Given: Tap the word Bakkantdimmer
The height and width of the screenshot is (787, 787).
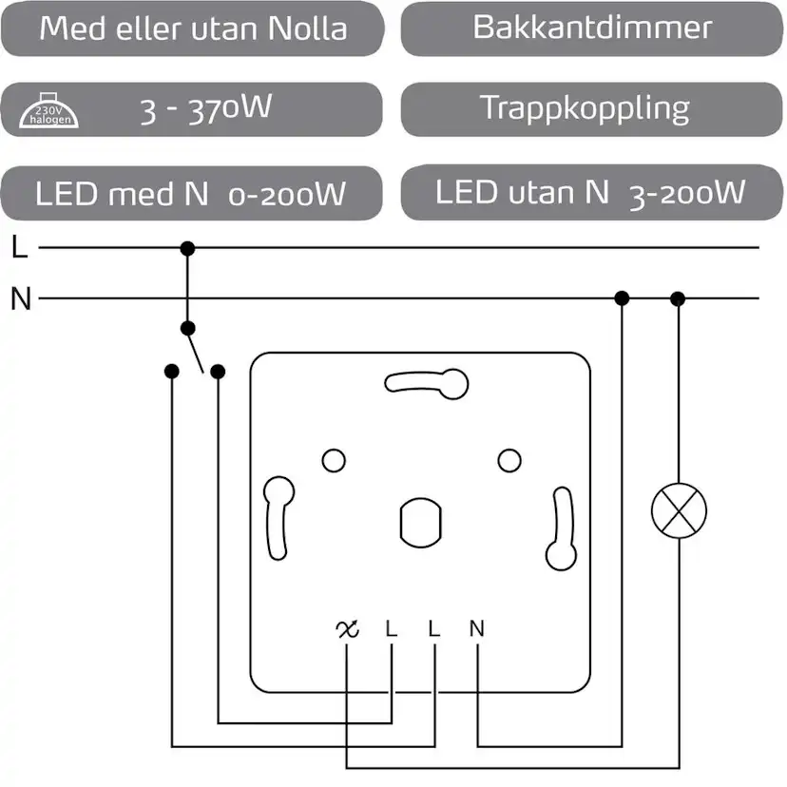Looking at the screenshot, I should pyautogui.click(x=591, y=28).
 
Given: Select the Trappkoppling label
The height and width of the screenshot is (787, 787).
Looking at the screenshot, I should pyautogui.click(x=584, y=107).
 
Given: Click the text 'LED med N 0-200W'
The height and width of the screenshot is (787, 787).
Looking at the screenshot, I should pyautogui.click(x=190, y=195).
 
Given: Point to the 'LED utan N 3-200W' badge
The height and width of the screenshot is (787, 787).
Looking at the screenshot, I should pyautogui.click(x=589, y=193).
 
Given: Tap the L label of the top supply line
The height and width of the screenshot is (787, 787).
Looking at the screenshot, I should pyautogui.click(x=20, y=249).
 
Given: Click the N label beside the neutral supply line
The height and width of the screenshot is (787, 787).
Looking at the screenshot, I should pyautogui.click(x=21, y=299).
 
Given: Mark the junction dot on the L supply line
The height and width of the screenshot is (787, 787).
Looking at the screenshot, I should pyautogui.click(x=187, y=249).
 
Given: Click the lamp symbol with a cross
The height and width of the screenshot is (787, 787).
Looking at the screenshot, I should pyautogui.click(x=678, y=511).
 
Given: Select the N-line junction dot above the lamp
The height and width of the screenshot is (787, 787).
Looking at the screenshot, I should pyautogui.click(x=678, y=299).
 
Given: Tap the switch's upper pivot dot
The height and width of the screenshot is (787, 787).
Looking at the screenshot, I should pyautogui.click(x=188, y=329).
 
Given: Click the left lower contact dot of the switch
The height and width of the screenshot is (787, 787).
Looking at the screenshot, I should pyautogui.click(x=171, y=372).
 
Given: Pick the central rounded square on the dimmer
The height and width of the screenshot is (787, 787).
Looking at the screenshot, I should pyautogui.click(x=419, y=520).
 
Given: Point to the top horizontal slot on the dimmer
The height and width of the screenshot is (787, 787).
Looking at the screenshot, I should pyautogui.click(x=428, y=383).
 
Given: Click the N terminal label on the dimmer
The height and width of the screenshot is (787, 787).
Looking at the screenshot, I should pyautogui.click(x=476, y=628).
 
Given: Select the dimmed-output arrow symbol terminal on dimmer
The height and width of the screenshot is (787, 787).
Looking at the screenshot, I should pyautogui.click(x=347, y=628).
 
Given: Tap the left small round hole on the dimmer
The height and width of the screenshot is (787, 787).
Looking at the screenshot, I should pyautogui.click(x=334, y=461).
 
